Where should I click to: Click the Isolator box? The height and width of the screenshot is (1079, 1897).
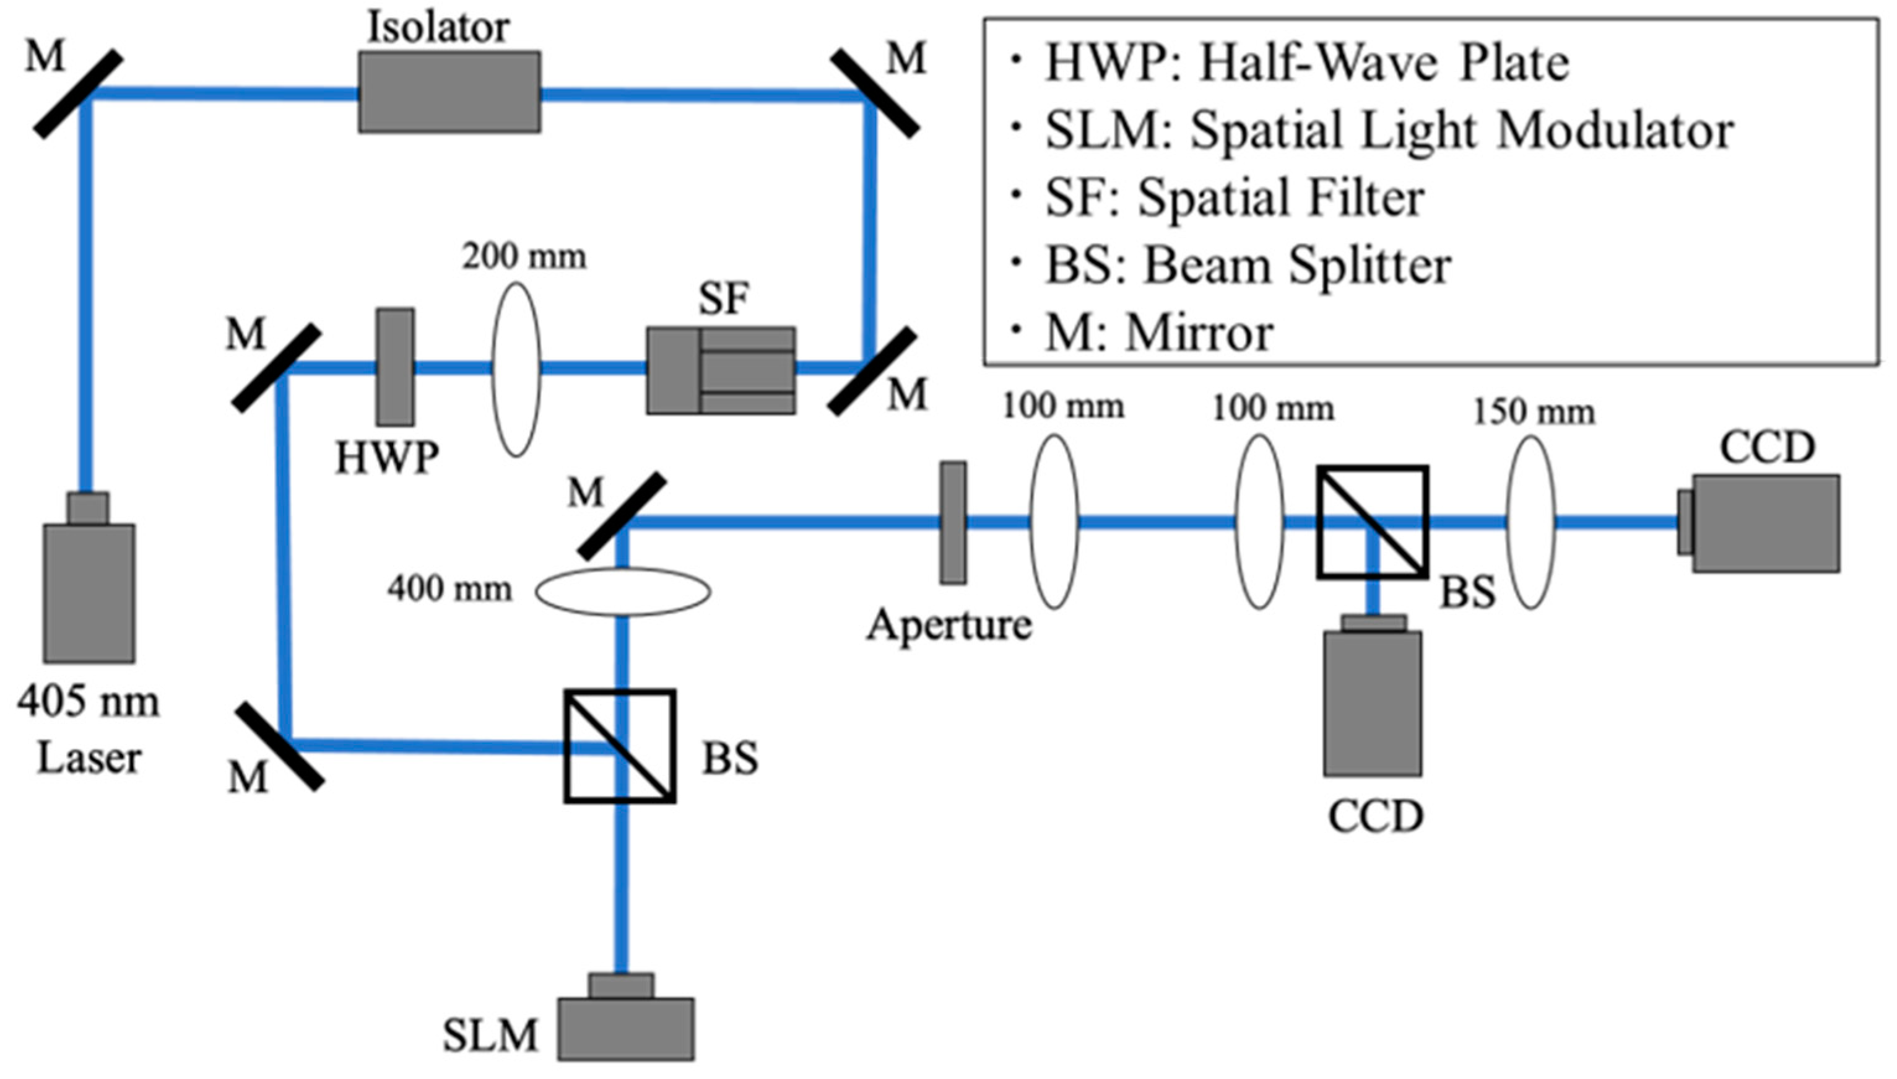coord(449,92)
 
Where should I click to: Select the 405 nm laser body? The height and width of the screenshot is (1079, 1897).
coord(89,592)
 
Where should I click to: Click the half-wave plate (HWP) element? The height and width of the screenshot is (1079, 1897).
coord(396,367)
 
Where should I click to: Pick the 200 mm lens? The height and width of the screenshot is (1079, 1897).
coord(516,369)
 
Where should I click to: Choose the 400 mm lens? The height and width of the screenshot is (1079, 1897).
coord(622,592)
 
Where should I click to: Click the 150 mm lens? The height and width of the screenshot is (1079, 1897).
coord(1531,522)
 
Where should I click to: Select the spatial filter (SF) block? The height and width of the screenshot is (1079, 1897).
coord(721,370)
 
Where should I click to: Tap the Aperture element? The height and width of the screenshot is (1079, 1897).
coord(953,522)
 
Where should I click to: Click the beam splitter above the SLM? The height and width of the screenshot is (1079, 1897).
coord(620,746)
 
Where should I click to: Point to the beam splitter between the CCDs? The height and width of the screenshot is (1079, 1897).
coord(1373,522)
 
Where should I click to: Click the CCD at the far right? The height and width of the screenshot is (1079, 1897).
coord(1765,522)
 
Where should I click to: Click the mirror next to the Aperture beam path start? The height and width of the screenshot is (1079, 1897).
coord(622,517)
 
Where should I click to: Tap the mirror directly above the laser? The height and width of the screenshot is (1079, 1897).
coord(79,94)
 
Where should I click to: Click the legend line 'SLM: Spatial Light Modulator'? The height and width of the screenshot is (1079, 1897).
coord(1388,131)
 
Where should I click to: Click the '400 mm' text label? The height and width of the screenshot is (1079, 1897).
coord(449,590)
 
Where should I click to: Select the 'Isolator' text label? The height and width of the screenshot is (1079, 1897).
coord(438,28)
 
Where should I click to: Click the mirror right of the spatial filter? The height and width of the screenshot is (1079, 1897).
coord(872,373)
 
